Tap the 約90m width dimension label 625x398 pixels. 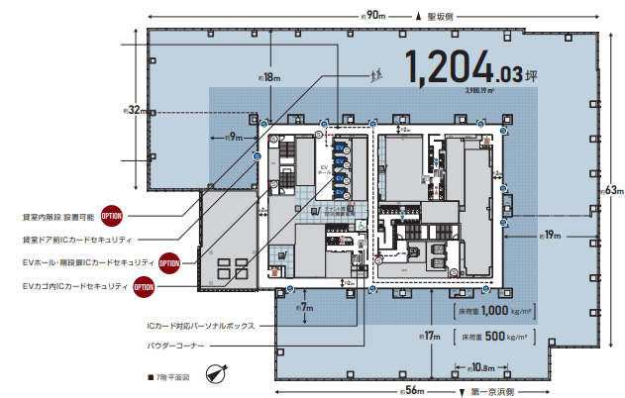click(x=373, y=15)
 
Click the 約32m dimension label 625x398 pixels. click(x=133, y=111)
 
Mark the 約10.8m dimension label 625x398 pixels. click(x=478, y=367)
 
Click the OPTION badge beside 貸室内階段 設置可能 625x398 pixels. click(x=112, y=215)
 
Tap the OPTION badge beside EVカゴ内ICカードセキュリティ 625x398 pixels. click(x=146, y=287)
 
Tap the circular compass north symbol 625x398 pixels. click(x=217, y=375)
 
